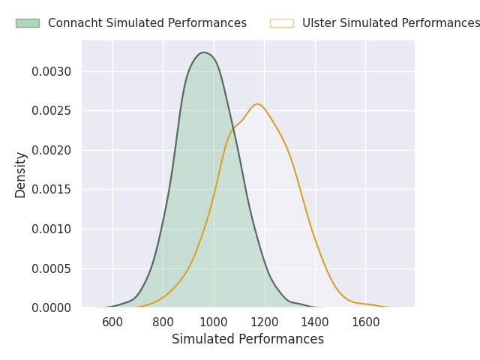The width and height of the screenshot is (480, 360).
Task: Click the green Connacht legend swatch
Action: (x=27, y=23)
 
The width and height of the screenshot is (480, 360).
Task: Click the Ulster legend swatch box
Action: (x=281, y=23)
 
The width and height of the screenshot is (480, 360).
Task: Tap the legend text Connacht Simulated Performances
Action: (x=147, y=23)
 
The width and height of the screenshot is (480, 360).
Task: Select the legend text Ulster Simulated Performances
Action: (x=391, y=23)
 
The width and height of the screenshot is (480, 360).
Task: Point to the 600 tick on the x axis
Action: (x=112, y=322)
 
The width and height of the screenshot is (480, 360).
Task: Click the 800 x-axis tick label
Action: (x=163, y=322)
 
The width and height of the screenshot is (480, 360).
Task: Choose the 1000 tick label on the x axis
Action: (x=214, y=322)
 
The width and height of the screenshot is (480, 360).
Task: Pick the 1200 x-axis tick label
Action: (x=264, y=322)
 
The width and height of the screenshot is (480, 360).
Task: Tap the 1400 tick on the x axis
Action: (x=315, y=322)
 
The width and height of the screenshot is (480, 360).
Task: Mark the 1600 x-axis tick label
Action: (x=365, y=322)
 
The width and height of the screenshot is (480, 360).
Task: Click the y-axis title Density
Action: (x=21, y=174)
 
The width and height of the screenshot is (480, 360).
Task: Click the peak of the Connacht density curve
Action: (x=203, y=52)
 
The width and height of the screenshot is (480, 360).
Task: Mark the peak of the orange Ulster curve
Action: (x=257, y=103)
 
